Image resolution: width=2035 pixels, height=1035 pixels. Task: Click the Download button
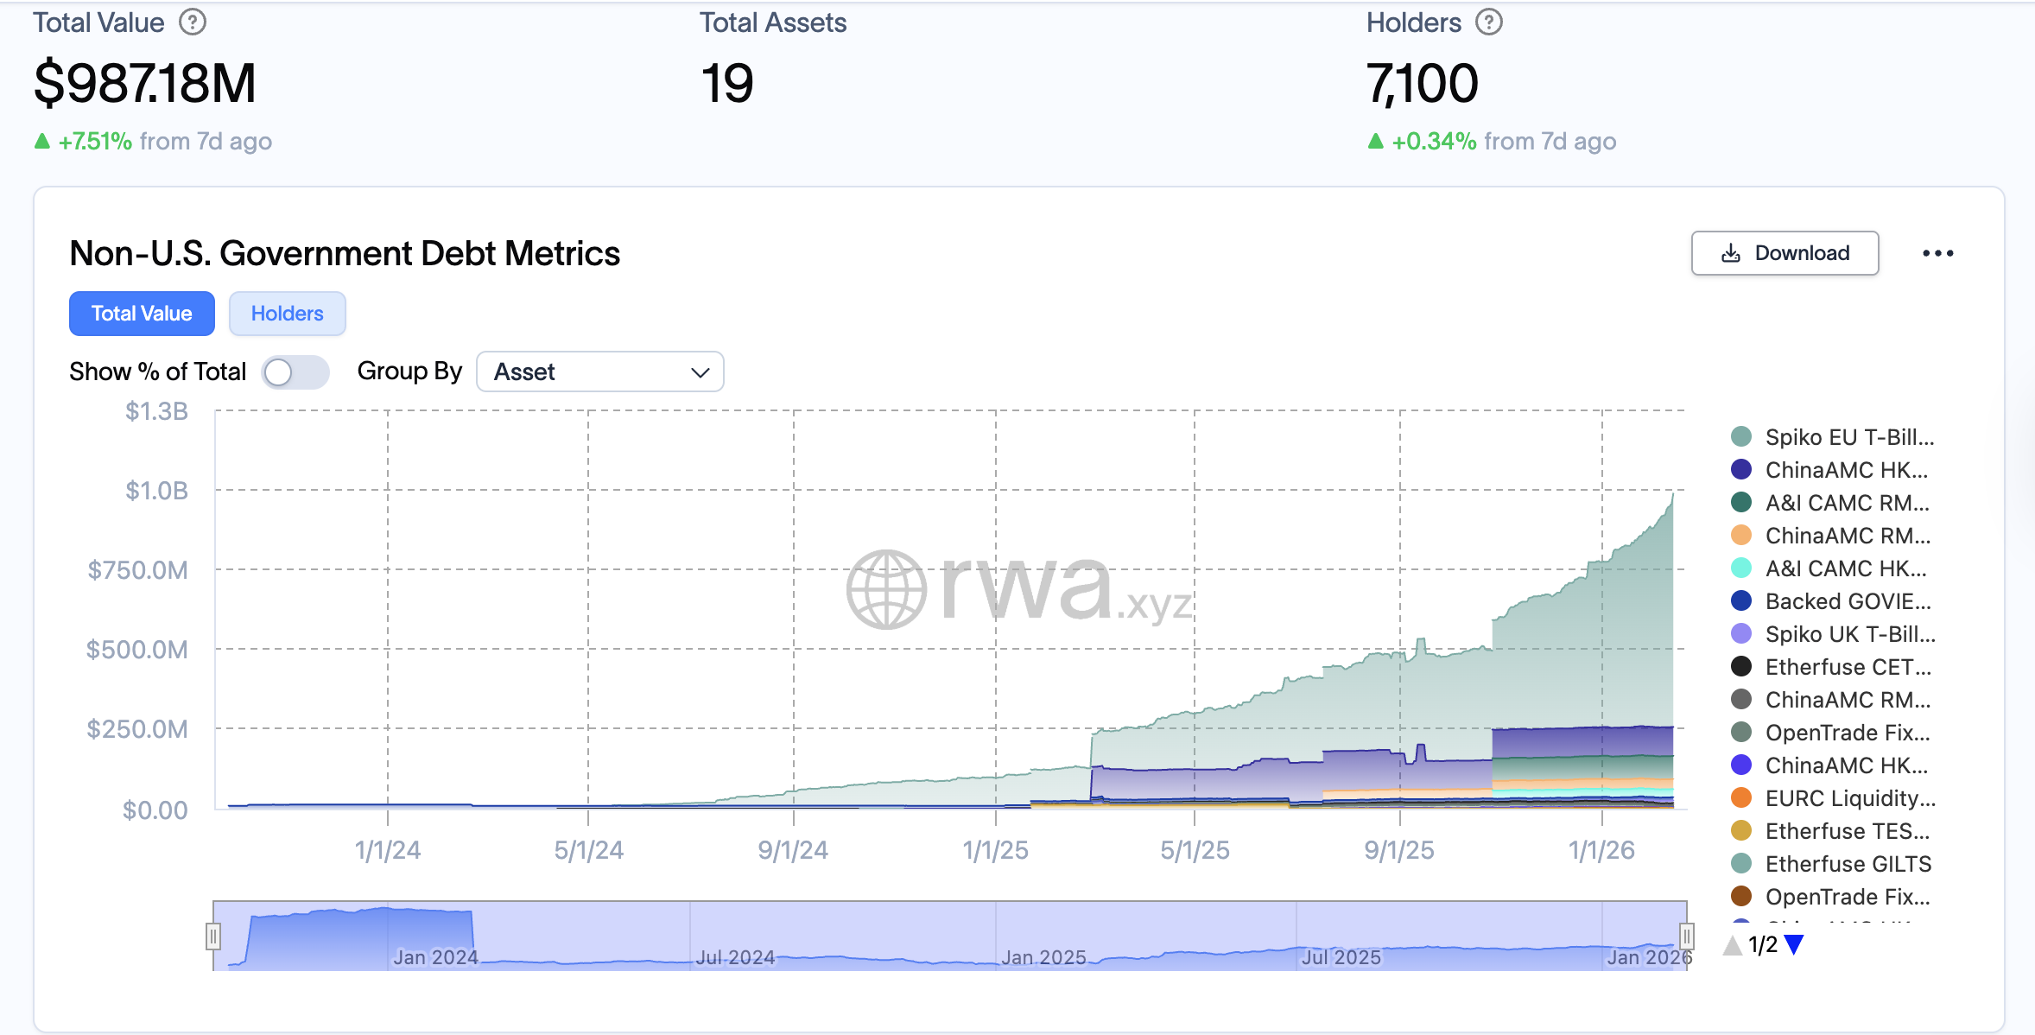pos(1785,253)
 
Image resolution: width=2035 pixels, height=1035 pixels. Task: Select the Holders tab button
pos(287,314)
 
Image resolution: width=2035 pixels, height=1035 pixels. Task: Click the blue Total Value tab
pos(142,314)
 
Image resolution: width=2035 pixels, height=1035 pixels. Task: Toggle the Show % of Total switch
pos(295,372)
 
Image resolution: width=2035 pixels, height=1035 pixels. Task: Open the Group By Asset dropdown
pos(599,372)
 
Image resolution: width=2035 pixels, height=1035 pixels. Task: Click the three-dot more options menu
pos(1937,253)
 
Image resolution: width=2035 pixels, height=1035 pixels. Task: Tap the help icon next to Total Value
pos(193,22)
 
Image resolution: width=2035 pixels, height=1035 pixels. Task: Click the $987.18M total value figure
pos(145,84)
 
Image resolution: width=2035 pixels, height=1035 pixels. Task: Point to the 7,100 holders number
pos(1422,84)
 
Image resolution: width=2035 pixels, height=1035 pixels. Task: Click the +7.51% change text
pos(95,141)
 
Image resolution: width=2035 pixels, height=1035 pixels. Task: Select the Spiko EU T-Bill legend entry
pos(1848,437)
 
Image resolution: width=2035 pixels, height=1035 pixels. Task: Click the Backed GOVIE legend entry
pos(1847,601)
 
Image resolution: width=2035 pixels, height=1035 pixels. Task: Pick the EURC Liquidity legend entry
pos(1848,798)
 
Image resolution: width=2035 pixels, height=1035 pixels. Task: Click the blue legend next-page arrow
pos(1794,944)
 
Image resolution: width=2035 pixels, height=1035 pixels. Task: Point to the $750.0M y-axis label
pos(138,570)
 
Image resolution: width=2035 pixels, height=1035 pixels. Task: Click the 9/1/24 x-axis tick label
pos(792,850)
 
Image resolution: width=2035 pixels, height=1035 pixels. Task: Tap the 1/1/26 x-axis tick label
pos(1601,850)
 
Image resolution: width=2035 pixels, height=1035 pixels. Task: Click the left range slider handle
pos(213,936)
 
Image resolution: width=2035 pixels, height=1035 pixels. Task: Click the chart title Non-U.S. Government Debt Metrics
pos(345,253)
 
